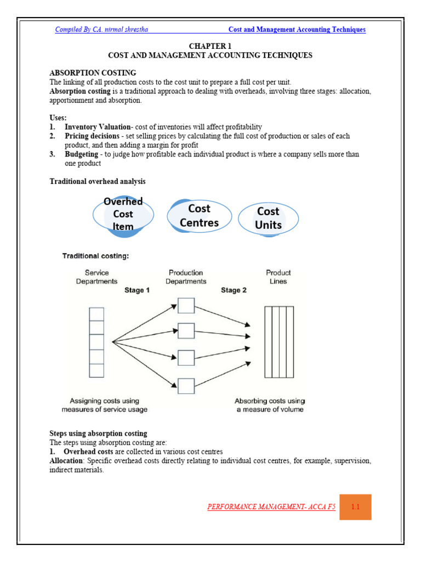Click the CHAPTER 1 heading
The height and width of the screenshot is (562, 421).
pyautogui.click(x=210, y=47)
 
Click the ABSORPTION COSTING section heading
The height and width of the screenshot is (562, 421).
pyautogui.click(x=93, y=72)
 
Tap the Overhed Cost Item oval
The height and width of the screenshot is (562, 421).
pyautogui.click(x=123, y=214)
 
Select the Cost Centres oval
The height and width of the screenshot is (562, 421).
pyautogui.click(x=199, y=216)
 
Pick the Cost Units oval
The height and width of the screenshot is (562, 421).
pyautogui.click(x=268, y=218)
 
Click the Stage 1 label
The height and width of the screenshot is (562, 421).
pyautogui.click(x=136, y=290)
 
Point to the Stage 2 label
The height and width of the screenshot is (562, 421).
pyautogui.click(x=234, y=290)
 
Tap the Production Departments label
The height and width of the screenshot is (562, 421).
pyautogui.click(x=186, y=277)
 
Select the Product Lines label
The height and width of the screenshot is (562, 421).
pyautogui.click(x=278, y=277)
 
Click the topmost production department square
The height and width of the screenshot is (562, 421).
pyautogui.click(x=186, y=306)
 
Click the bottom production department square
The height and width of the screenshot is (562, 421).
pyautogui.click(x=186, y=386)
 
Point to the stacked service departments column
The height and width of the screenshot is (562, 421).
pyautogui.click(x=96, y=342)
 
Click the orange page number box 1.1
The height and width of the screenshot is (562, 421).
pyautogui.click(x=355, y=507)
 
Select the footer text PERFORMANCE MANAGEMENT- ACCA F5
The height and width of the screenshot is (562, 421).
pyautogui.click(x=271, y=507)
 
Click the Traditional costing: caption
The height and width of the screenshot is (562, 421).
pyautogui.click(x=95, y=256)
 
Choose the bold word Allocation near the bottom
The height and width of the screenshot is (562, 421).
pyautogui.click(x=66, y=461)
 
